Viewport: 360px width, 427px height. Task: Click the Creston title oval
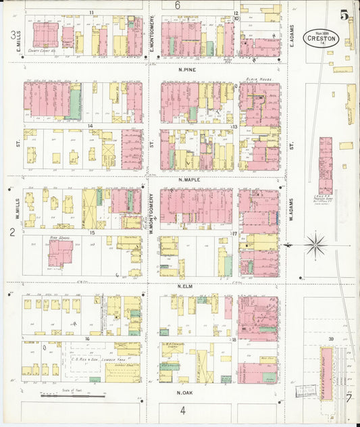[321, 38]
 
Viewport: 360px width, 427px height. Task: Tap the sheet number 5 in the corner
[344, 14]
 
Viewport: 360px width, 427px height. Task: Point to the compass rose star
[315, 245]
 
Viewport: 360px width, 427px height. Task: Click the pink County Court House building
[45, 34]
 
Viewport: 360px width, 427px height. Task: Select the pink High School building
[59, 253]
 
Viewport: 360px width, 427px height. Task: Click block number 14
[89, 126]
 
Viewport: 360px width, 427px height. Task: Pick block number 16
[87, 338]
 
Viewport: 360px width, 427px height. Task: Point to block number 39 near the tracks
[331, 338]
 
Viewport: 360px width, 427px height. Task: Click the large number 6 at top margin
[178, 5]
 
